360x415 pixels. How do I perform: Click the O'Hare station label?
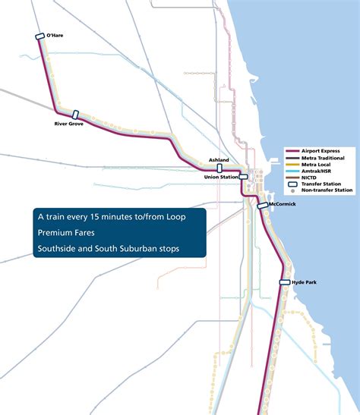(x=55, y=35)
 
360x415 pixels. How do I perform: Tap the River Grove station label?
(x=69, y=124)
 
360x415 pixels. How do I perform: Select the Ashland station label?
(x=218, y=161)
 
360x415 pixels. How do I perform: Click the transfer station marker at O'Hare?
(x=40, y=36)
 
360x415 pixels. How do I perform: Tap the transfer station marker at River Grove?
(x=76, y=115)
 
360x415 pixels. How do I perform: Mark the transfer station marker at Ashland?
(x=219, y=168)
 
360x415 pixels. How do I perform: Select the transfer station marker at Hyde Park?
(x=285, y=282)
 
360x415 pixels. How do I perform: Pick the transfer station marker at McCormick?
(x=263, y=206)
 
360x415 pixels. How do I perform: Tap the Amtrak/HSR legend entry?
(x=317, y=171)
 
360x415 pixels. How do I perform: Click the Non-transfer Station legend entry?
(x=327, y=190)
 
